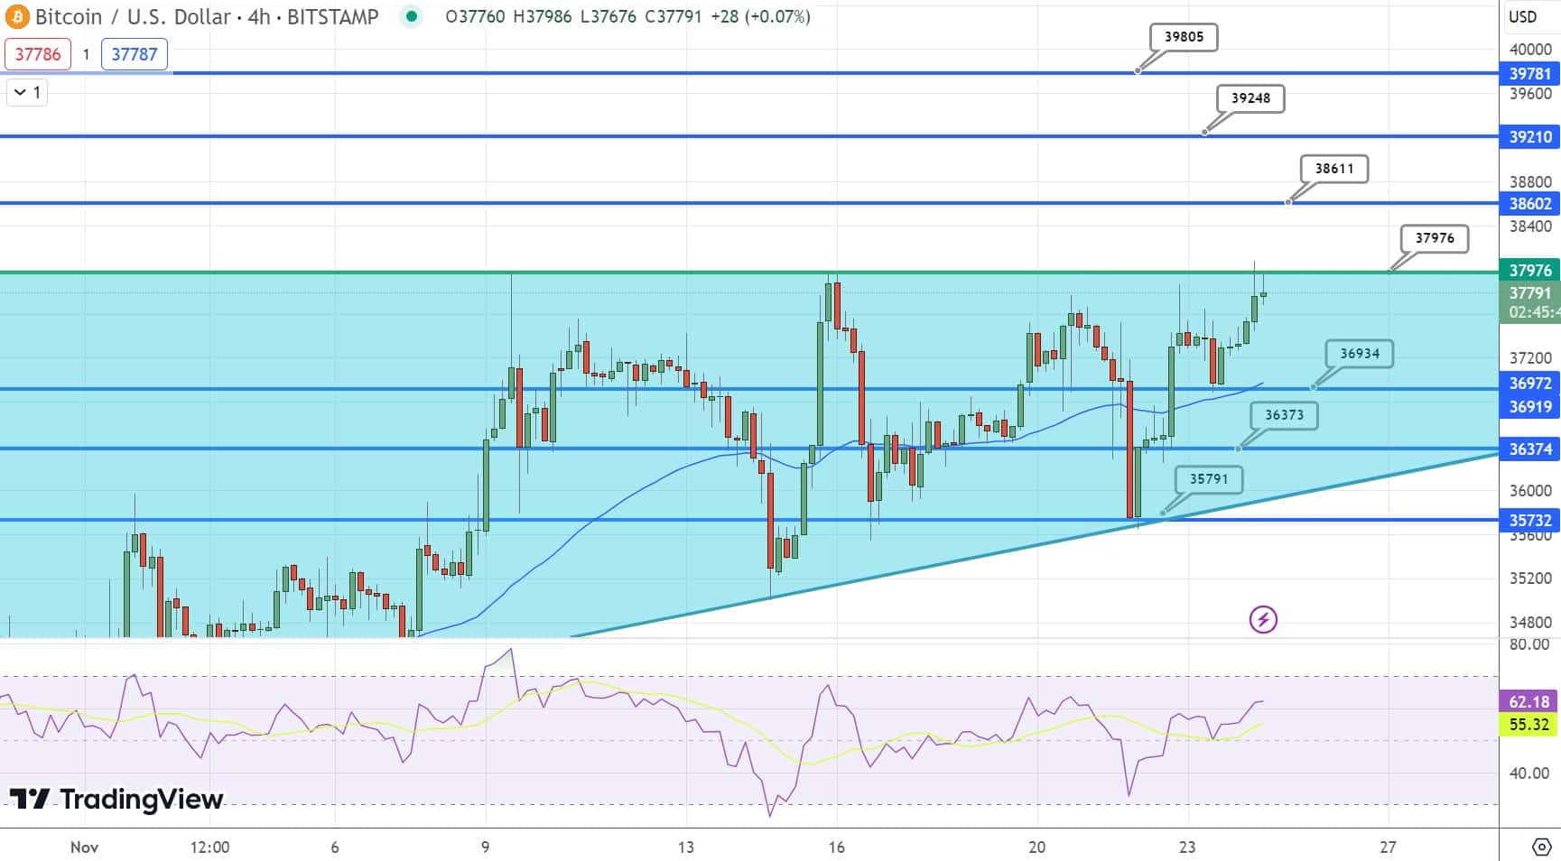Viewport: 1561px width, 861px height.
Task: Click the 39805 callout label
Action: point(1184,37)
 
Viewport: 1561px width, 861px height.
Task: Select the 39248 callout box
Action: point(1250,98)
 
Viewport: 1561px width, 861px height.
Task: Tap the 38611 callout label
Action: point(1333,169)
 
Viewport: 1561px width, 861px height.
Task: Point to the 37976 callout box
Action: point(1435,238)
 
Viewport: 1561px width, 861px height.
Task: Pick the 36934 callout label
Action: point(1359,354)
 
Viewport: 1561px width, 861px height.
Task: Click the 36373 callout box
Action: point(1284,415)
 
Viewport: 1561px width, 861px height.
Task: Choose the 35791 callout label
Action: point(1208,479)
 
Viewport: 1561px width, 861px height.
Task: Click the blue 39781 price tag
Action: point(1530,74)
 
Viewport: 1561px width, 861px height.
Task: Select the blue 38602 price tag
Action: point(1530,204)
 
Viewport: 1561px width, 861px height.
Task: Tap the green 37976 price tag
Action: point(1530,271)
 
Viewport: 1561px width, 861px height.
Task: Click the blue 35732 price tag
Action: point(1530,521)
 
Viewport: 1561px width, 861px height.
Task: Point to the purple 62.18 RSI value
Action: point(1529,701)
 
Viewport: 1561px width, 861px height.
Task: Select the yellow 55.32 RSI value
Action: point(1529,724)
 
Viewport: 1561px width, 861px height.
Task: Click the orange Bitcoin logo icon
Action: point(17,16)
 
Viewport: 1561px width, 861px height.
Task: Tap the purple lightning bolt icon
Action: point(1263,619)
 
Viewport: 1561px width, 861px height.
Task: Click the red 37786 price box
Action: point(38,54)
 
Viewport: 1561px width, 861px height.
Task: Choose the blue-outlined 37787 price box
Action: point(135,54)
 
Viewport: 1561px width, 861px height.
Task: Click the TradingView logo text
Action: point(116,799)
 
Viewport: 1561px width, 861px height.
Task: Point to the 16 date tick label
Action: point(837,847)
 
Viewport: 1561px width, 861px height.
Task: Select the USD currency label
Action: point(1523,16)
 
